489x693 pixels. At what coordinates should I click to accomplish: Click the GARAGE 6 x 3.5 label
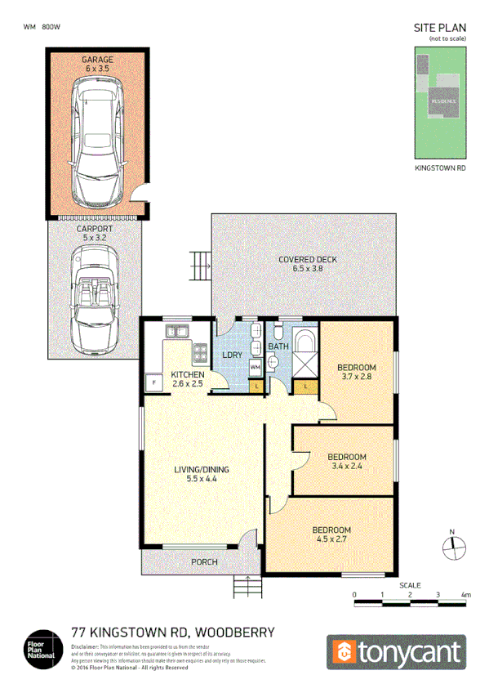tap(97, 65)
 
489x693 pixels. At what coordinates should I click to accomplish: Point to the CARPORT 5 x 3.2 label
tap(95, 235)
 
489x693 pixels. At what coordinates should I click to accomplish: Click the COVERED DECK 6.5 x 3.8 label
tap(307, 265)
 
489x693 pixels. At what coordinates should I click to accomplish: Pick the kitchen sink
tap(176, 331)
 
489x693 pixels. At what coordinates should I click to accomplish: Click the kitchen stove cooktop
tap(200, 353)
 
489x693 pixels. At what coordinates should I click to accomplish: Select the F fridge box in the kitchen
tap(153, 382)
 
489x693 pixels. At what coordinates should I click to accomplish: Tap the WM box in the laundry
tap(255, 369)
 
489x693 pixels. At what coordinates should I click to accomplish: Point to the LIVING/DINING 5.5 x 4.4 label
tap(201, 475)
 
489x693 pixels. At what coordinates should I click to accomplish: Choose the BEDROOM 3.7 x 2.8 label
tap(356, 372)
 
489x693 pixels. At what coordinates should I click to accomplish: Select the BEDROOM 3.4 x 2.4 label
tap(347, 462)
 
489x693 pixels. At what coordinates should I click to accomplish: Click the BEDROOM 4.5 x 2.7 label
tap(332, 534)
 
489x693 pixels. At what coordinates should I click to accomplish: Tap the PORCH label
tap(204, 562)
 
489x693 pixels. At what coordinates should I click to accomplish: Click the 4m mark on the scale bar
tap(466, 596)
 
